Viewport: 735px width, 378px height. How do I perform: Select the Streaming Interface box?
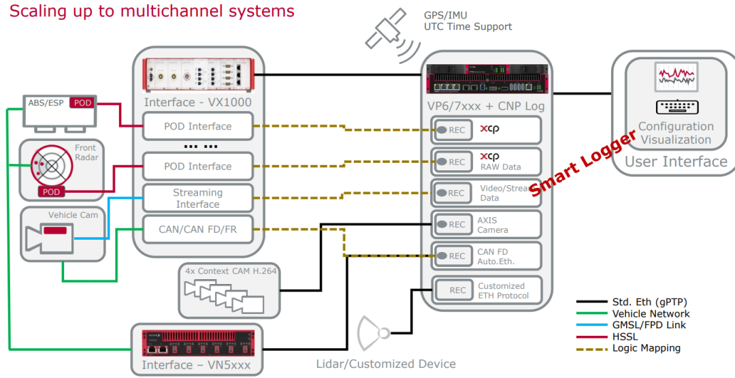click(197, 198)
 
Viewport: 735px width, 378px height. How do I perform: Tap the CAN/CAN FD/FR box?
click(197, 230)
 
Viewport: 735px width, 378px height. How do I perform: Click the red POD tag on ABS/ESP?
click(82, 103)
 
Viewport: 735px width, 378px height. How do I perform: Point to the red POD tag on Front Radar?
click(51, 191)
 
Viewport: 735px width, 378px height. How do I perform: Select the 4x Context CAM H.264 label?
click(231, 270)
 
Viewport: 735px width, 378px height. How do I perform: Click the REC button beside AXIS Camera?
click(453, 225)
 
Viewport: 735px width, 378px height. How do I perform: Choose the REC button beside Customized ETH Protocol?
click(453, 290)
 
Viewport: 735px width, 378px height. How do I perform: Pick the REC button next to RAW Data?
click(453, 162)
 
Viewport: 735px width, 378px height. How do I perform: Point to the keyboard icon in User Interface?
click(676, 107)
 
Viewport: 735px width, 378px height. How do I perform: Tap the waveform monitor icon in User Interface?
click(676, 77)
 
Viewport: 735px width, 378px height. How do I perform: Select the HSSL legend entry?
click(626, 336)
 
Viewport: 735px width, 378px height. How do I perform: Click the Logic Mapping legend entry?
click(646, 348)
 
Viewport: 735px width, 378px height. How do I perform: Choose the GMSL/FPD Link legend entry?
click(649, 325)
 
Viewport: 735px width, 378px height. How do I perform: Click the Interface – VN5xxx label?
click(196, 365)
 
